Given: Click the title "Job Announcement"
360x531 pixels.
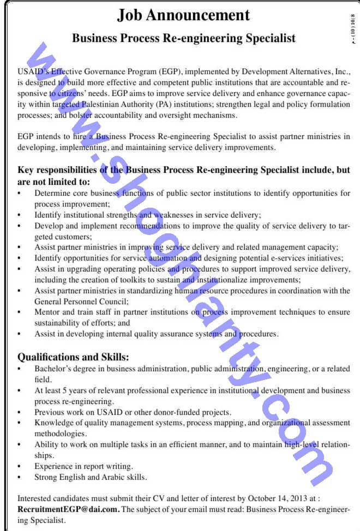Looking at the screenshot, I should (183, 15).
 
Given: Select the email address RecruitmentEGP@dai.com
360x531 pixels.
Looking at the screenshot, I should (68, 509).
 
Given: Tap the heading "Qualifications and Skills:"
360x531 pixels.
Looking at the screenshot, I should (73, 357).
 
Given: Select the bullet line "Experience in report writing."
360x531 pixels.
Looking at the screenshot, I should (83, 466).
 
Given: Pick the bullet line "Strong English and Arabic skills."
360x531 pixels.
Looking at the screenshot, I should (91, 477).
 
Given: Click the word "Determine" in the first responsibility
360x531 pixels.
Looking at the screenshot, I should (53, 193).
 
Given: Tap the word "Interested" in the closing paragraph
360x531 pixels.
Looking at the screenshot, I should (37, 498).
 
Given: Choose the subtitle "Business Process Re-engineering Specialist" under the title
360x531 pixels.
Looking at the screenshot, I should (184, 38).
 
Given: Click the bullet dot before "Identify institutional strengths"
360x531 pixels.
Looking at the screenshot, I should (20, 215).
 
